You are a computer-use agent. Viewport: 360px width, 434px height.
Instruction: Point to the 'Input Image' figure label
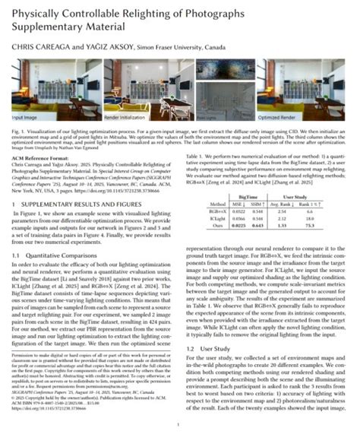coord(26,118)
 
